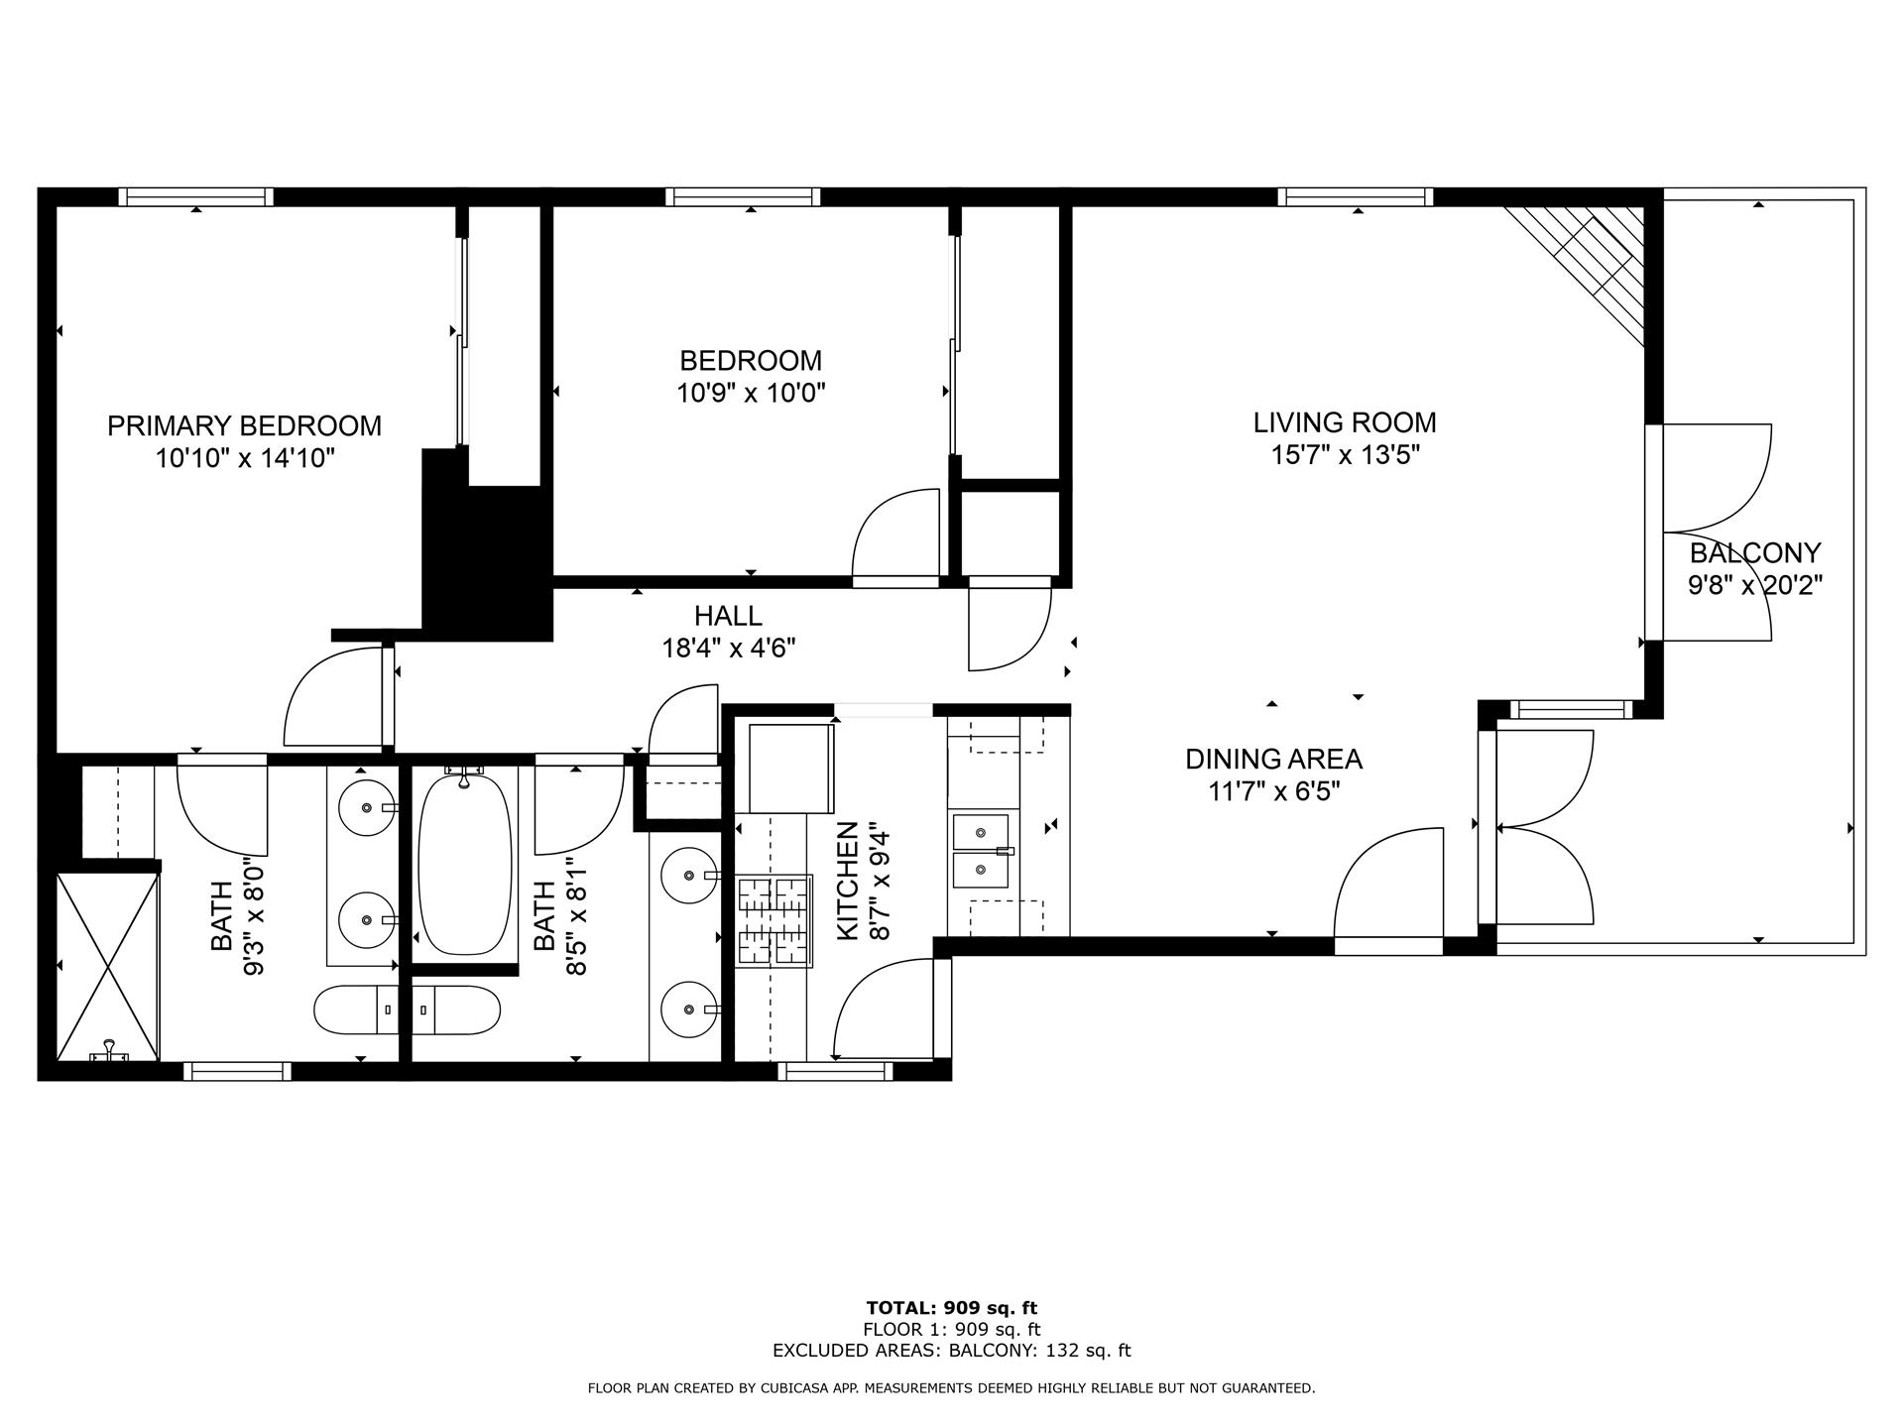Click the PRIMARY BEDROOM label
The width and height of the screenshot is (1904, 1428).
[244, 425]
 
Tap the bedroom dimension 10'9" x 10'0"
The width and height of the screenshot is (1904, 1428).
[751, 394]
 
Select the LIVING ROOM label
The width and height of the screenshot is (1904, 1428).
[1344, 422]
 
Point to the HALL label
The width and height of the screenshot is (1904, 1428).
[728, 616]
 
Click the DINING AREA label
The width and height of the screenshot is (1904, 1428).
[1273, 760]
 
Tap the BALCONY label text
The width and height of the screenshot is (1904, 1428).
[1755, 552]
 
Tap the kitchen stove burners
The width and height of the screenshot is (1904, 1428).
[774, 921]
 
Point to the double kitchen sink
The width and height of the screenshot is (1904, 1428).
[981, 851]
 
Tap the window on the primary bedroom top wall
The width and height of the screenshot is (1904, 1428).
[196, 196]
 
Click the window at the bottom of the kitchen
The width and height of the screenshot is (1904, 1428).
[835, 1071]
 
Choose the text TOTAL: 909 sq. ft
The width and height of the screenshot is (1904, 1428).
[952, 1308]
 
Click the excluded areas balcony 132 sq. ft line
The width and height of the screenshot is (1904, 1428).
[952, 1350]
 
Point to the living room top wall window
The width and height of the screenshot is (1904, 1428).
[1356, 196]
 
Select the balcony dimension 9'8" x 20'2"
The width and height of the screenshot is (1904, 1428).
[1755, 585]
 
